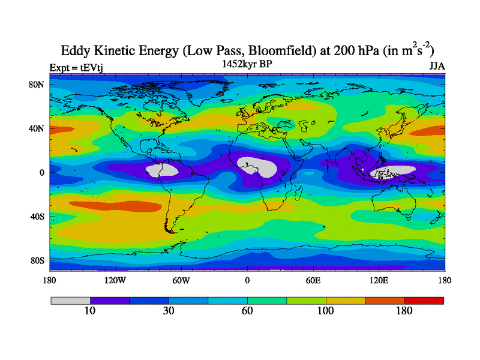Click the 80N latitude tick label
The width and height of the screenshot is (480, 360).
tap(37, 85)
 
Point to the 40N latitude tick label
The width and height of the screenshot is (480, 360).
tap(37, 128)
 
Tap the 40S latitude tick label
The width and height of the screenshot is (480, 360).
tap(37, 216)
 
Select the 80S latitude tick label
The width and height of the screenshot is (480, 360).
tap(37, 260)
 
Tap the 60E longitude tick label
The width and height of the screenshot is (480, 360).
tap(313, 280)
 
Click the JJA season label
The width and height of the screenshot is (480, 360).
tap(437, 67)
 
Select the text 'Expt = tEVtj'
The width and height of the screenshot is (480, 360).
tap(73, 67)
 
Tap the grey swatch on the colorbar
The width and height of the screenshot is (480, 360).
tap(70, 300)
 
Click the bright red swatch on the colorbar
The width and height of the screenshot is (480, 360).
tap(424, 300)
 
